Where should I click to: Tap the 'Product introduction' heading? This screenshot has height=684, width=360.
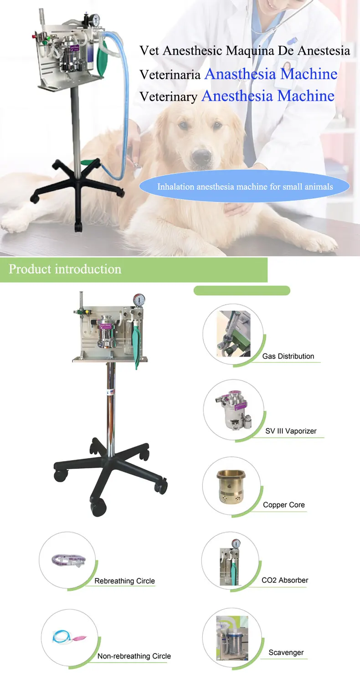65,269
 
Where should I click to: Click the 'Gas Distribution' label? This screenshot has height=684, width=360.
288,356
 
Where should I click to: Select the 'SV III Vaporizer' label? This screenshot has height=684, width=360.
291,431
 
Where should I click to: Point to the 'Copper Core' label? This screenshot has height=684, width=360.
283,505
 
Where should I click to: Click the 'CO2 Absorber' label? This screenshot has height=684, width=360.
285,580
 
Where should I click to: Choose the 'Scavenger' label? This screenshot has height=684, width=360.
286,653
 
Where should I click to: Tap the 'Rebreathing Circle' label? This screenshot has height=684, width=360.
124,581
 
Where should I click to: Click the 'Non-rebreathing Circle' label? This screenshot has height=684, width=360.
134,656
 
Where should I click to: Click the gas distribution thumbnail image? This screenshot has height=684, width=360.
233,333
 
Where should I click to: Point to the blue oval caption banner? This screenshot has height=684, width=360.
245,187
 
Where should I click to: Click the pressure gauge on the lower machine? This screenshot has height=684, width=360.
139,300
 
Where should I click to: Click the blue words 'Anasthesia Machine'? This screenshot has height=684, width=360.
271,74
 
